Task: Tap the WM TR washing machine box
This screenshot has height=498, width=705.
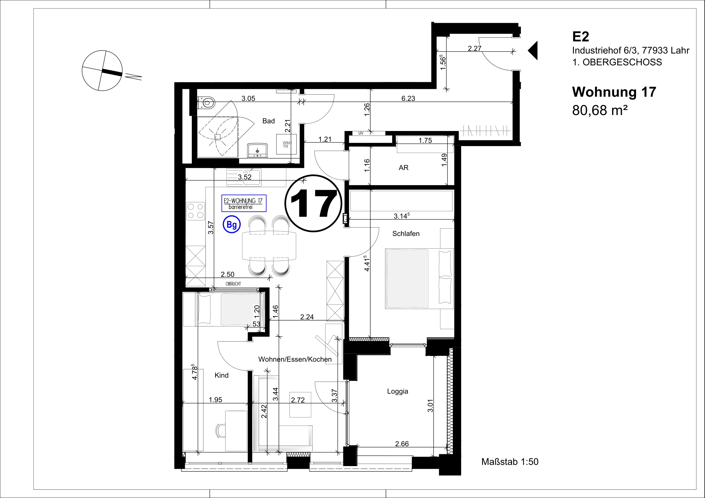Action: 286,144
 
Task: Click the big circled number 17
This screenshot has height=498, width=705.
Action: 313,203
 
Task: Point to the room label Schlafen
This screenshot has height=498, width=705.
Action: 405,234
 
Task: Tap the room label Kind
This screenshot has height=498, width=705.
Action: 221,375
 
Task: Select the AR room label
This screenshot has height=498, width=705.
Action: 403,168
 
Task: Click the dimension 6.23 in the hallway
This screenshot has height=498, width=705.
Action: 408,98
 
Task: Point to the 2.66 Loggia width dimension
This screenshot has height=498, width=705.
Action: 402,444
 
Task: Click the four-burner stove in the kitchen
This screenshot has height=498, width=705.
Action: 196,211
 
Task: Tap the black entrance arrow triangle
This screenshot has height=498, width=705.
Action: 533,50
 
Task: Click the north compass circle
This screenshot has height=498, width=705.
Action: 102,71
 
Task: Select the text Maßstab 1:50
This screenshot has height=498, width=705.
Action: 510,462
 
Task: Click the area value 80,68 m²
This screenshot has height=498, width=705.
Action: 600,110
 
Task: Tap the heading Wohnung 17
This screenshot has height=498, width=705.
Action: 614,92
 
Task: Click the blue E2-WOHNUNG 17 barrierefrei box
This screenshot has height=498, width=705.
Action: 244,203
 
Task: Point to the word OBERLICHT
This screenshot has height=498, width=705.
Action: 233,284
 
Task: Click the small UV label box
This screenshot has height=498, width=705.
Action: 361,133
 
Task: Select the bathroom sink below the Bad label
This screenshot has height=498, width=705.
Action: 257,150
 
